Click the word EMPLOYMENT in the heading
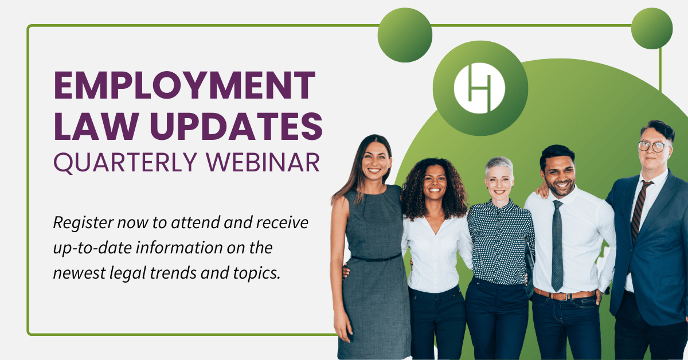point(185,86)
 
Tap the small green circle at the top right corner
point(651,29)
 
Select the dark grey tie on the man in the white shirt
point(557,246)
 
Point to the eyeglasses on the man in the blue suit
point(653,146)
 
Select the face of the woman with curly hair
point(435,182)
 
